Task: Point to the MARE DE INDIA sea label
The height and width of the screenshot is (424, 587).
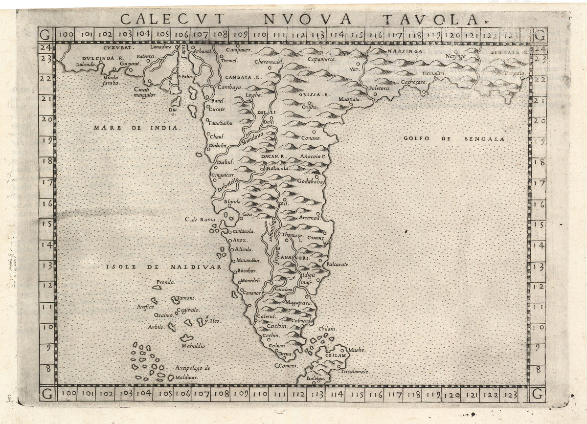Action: (137, 128)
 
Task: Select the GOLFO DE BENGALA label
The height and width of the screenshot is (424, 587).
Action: (456, 139)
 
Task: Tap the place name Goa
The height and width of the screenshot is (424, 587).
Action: (248, 214)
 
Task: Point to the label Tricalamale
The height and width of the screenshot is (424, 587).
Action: (356, 372)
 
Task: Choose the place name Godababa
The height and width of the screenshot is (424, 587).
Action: (310, 181)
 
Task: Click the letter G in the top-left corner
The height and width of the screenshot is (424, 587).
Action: (45, 35)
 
